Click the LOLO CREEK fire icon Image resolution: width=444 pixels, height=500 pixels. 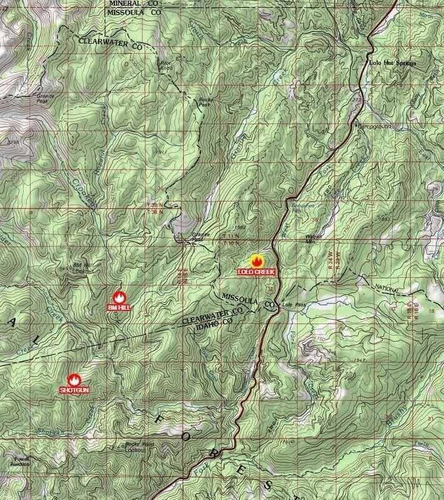point(256,260)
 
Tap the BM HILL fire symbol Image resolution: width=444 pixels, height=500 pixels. point(119,298)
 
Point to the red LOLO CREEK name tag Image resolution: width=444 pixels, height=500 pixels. point(256,272)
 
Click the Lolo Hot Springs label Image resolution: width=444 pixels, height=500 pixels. point(393,63)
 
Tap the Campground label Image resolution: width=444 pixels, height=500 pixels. point(375,126)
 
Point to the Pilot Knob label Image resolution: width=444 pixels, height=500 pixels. point(164,63)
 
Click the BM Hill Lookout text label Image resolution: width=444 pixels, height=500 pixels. point(84,268)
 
